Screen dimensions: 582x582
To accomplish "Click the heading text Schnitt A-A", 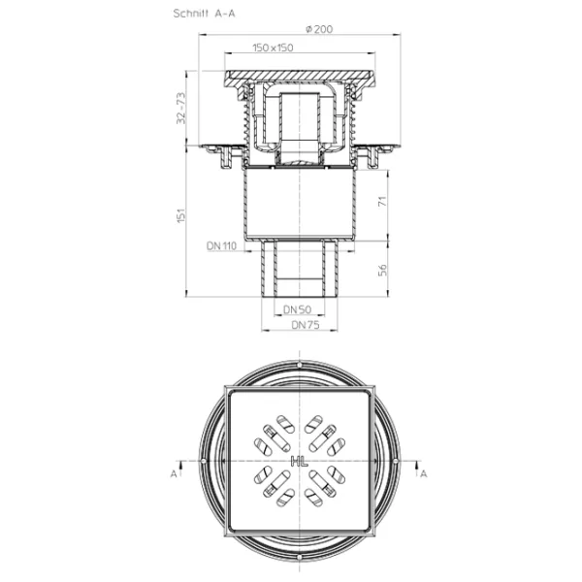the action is click(x=204, y=14).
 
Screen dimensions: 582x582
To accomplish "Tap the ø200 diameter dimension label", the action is click(x=319, y=29).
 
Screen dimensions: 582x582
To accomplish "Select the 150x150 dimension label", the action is click(x=273, y=48).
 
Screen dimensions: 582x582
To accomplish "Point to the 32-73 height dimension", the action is click(x=180, y=108).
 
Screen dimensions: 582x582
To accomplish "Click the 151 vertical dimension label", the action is click(x=180, y=215).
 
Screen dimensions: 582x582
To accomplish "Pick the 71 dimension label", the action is click(x=382, y=201).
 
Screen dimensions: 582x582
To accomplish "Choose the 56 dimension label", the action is click(x=382, y=270).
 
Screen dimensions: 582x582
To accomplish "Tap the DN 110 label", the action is click(x=221, y=245).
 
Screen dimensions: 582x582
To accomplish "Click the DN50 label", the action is click(x=297, y=309).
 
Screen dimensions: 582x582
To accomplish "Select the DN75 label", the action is click(x=306, y=325).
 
